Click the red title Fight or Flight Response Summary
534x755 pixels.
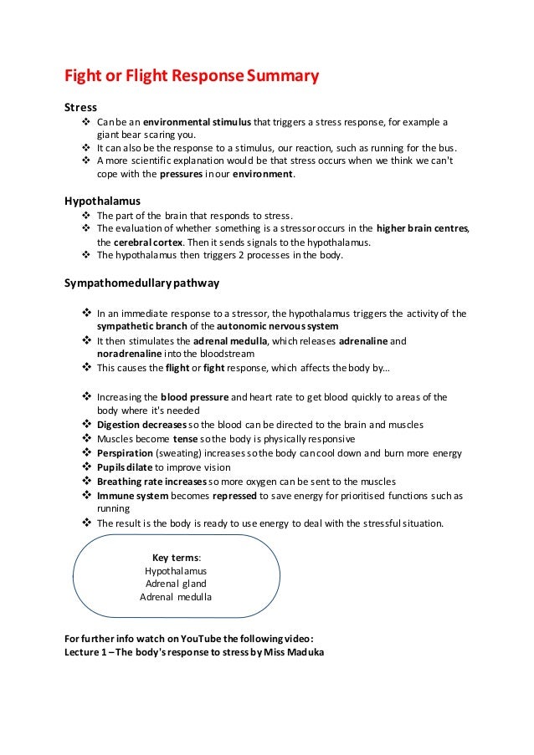pyautogui.click(x=192, y=79)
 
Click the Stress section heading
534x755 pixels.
pyautogui.click(x=80, y=108)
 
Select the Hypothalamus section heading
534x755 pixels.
pyautogui.click(x=102, y=202)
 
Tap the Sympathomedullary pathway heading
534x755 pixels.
pyautogui.click(x=141, y=283)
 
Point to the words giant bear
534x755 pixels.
pyautogui.click(x=122, y=137)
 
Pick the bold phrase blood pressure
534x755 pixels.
pyautogui.click(x=193, y=397)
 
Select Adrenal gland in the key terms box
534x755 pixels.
pyautogui.click(x=176, y=584)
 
